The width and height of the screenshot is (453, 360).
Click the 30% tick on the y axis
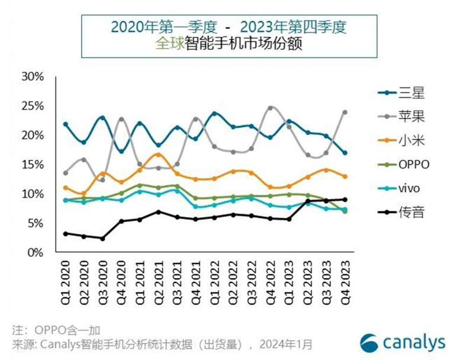[x=32, y=77]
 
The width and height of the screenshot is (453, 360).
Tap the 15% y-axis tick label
[x=32, y=165]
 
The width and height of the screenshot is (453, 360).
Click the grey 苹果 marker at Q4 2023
[x=345, y=112]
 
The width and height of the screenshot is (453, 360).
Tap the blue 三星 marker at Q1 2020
[x=65, y=124]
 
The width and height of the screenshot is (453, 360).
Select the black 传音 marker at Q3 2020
[x=102, y=238]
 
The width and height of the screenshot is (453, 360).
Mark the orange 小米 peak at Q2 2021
[x=158, y=155]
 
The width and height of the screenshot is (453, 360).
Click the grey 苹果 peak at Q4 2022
[x=270, y=108]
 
